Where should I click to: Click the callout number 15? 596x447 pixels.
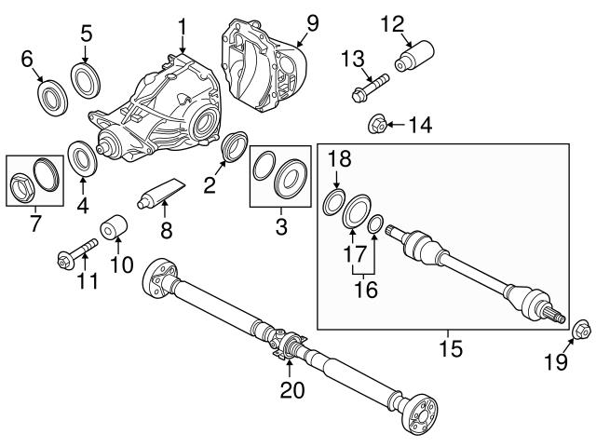tap(448, 350)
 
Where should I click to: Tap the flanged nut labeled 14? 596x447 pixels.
tap(378, 122)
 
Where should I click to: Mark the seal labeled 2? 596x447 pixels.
tap(235, 147)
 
